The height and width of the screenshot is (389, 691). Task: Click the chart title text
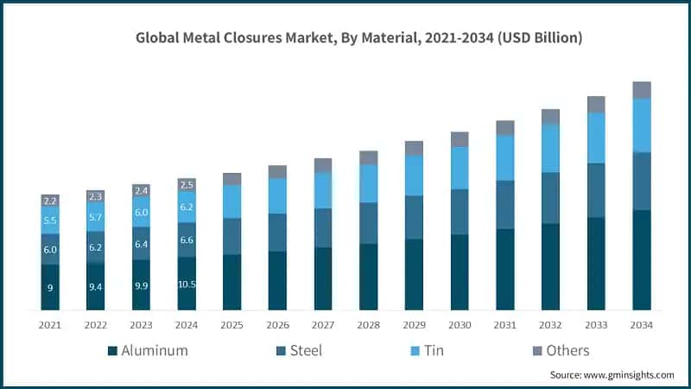358,38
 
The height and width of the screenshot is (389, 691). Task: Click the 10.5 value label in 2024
187,284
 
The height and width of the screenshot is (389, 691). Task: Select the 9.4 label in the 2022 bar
96,286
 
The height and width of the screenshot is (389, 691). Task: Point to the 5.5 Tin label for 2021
50,221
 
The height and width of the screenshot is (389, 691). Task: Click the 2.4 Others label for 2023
141,190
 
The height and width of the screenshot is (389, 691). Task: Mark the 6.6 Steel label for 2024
187,239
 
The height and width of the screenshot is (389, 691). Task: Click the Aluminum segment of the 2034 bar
641,259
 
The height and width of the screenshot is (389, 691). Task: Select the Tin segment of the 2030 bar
460,168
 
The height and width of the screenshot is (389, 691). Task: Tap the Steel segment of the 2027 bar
323,227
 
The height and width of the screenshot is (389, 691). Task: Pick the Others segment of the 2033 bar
596,105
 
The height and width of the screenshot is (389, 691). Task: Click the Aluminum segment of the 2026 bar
277,280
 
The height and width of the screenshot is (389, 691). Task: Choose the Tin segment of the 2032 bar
550,148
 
